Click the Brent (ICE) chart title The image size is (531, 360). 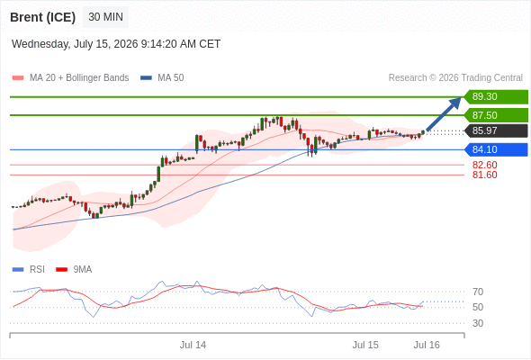(42, 17)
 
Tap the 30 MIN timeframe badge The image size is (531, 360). (105, 17)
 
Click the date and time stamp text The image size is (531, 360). (116, 44)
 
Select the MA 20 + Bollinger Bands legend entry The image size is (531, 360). (70, 78)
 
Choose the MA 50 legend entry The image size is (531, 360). (162, 78)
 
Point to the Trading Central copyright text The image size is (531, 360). (455, 78)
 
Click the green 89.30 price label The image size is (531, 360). (496, 96)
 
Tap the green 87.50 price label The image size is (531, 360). (496, 115)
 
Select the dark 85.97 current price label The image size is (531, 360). (496, 130)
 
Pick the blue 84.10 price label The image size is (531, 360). (496, 149)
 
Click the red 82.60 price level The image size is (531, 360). (484, 165)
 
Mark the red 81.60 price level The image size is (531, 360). (484, 175)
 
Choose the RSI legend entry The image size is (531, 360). (29, 270)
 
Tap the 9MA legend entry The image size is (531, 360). (74, 270)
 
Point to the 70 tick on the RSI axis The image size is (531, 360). (478, 292)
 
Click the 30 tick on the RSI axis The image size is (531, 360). (478, 323)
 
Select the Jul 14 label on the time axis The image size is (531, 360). (193, 345)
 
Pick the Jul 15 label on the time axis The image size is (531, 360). (365, 345)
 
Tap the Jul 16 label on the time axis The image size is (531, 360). (427, 345)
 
